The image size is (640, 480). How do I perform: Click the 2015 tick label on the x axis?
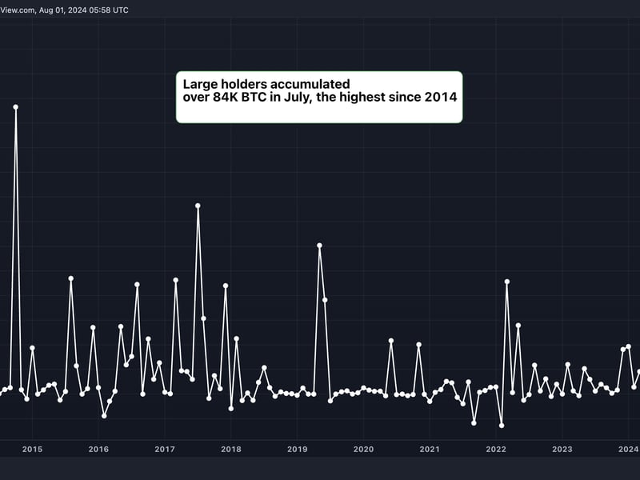point(32,450)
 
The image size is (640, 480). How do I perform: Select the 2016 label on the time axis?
point(98,450)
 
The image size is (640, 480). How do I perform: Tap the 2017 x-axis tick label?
point(164,450)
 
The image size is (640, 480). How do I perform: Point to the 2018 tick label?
point(230,450)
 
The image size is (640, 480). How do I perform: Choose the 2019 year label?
point(297,450)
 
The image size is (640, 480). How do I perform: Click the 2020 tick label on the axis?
point(363,450)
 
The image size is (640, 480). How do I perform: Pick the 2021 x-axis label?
point(430,450)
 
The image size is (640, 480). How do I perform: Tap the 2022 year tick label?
point(496,450)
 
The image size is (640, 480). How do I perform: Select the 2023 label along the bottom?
point(562,450)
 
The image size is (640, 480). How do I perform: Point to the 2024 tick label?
point(628,450)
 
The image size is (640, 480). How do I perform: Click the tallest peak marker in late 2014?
point(15,106)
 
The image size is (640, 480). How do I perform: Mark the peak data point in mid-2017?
point(198,206)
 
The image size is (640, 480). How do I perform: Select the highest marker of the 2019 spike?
point(319,246)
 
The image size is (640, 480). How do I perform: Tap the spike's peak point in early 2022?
point(507,282)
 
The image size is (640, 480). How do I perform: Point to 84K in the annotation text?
point(239,98)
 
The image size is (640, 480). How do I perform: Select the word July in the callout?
point(324,98)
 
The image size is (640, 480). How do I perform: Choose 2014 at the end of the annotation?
point(441,98)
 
